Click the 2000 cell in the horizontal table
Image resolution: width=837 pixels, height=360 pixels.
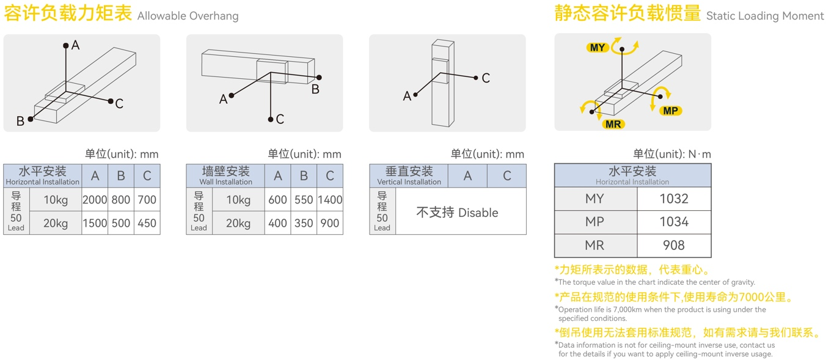(x=95, y=199)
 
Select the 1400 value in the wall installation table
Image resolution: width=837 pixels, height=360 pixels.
(x=330, y=199)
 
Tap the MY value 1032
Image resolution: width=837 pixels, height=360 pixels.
(x=674, y=199)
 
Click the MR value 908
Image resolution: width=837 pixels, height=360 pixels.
(x=674, y=245)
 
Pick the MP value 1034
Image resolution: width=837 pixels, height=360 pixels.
(x=674, y=222)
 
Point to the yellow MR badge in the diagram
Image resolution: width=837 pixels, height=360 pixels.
(x=613, y=124)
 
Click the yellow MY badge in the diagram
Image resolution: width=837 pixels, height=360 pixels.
(x=597, y=48)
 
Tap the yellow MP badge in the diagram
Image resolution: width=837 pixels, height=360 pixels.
(x=670, y=111)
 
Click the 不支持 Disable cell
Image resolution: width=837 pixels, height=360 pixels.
(x=457, y=213)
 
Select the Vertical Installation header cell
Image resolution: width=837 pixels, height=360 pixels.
(x=409, y=175)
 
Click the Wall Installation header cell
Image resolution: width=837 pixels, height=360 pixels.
(x=225, y=175)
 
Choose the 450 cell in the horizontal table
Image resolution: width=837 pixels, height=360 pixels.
(x=147, y=223)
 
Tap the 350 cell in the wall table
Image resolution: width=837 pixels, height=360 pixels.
(x=304, y=223)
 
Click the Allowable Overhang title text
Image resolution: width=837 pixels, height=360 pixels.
(x=188, y=16)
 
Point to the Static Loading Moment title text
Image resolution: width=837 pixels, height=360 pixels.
(x=765, y=16)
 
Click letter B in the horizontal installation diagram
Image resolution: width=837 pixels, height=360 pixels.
(x=20, y=121)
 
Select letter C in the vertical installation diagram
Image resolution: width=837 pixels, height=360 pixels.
(x=486, y=78)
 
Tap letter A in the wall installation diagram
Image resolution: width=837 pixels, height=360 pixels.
(x=224, y=99)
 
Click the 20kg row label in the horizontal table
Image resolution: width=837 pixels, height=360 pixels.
(x=56, y=223)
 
